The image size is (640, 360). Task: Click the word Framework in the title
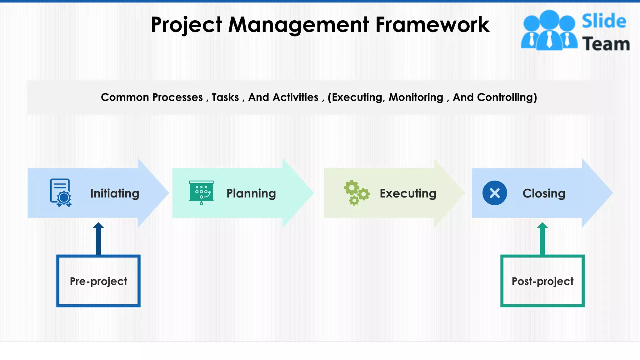[432, 25]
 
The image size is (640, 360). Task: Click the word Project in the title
[187, 25]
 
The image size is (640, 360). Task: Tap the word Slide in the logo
[604, 21]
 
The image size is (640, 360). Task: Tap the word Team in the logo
[606, 44]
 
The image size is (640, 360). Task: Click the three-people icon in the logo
[549, 30]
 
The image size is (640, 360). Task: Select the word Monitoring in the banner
[416, 97]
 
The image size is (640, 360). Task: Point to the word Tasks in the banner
[225, 97]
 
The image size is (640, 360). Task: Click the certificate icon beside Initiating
[61, 192]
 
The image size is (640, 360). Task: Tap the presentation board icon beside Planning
[202, 192]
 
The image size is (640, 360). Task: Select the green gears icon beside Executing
[357, 192]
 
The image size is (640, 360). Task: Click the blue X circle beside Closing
[495, 193]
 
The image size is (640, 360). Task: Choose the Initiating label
[115, 193]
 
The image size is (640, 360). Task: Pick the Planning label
[251, 193]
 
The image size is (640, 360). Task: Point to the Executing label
[408, 193]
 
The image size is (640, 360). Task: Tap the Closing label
[544, 193]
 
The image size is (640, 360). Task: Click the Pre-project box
[98, 281]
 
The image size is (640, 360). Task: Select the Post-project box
[542, 281]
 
